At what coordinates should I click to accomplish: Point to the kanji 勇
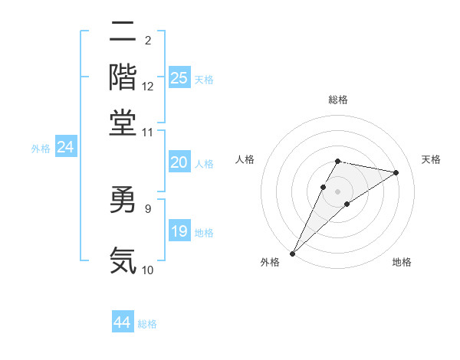click(123, 201)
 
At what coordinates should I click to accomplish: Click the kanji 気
click(123, 260)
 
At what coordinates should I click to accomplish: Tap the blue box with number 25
click(179, 77)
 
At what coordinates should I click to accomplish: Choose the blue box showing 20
click(179, 162)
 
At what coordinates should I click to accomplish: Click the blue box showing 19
click(179, 231)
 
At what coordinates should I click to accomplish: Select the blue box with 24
click(65, 147)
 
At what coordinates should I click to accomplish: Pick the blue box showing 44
click(123, 322)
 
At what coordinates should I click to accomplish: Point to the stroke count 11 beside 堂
click(148, 132)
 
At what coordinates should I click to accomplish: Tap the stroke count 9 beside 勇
click(148, 207)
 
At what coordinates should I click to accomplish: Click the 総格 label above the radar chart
click(337, 100)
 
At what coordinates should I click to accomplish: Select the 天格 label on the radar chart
click(432, 159)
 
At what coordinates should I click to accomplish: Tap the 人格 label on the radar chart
click(245, 159)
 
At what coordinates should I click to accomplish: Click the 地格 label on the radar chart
click(402, 263)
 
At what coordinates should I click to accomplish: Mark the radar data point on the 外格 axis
click(292, 253)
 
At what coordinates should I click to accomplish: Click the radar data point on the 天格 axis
click(396, 172)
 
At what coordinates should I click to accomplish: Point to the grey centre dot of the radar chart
click(337, 191)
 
